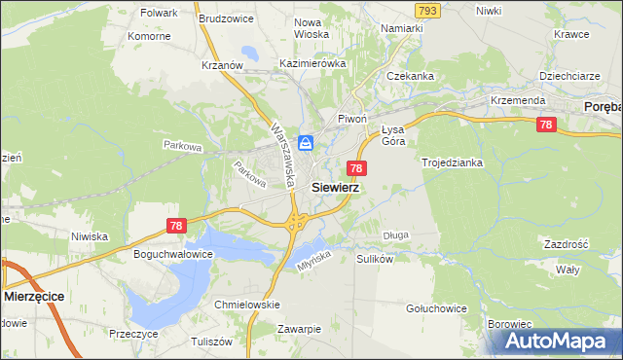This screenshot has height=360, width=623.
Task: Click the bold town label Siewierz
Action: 335,188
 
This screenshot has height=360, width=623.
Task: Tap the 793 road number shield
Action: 426,10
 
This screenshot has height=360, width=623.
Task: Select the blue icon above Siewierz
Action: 306,143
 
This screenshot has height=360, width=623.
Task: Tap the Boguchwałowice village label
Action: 172,254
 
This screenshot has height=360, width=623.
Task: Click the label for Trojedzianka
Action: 453,162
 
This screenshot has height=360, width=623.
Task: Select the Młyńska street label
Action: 311,257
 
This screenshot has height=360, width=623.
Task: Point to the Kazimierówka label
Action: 312,63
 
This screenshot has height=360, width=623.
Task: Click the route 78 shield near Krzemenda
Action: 546,125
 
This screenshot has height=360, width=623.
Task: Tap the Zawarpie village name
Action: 298,329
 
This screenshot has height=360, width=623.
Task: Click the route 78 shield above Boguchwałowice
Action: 175,226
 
